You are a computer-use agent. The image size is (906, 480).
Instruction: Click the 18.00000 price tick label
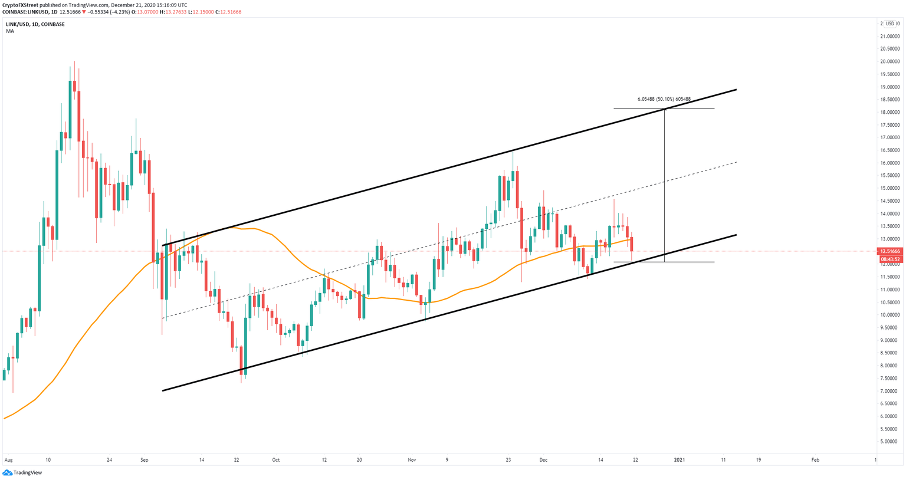point(889,112)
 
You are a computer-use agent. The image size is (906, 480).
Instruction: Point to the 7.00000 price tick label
point(889,391)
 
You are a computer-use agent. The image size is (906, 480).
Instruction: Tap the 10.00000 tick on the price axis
point(889,315)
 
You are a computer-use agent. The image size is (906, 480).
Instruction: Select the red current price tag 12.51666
point(889,251)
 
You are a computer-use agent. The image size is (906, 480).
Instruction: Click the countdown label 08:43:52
point(889,259)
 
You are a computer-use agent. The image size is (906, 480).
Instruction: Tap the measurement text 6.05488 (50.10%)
point(664,99)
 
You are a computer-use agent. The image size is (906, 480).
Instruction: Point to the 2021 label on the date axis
point(679,459)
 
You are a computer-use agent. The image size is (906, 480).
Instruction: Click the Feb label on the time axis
point(815,459)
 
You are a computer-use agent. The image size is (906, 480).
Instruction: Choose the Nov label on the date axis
point(412,459)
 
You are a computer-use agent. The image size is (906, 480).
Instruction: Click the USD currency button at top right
point(890,24)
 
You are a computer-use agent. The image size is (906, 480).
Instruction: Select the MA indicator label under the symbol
point(10,31)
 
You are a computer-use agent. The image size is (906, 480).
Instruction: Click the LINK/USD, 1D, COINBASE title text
point(35,24)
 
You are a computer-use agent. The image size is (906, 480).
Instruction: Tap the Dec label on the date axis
point(543,459)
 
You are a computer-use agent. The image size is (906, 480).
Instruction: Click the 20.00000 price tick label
point(889,61)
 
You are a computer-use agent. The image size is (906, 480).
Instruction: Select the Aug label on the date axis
point(8,459)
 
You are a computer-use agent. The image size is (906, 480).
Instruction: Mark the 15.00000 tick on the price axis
point(889,188)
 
